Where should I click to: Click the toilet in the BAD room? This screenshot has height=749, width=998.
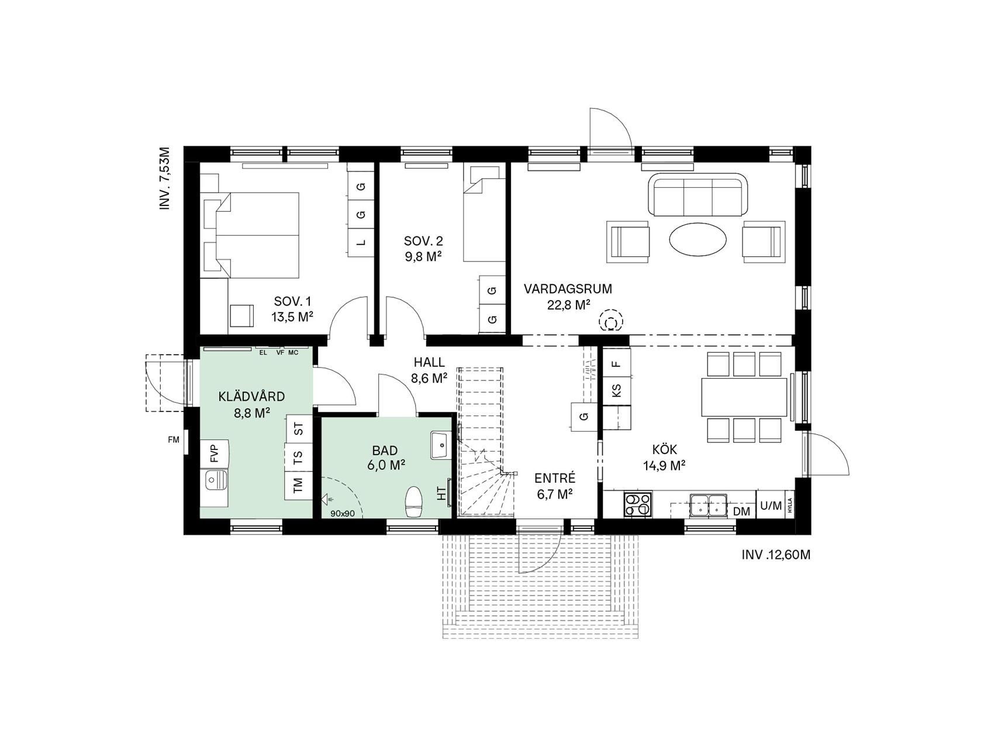tap(413, 501)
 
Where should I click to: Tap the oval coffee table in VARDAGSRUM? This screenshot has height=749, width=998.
tap(698, 239)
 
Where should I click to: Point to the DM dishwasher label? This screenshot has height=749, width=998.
tap(741, 511)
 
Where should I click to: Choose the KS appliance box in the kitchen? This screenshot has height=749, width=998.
tap(616, 390)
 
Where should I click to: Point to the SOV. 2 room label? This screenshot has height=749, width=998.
tap(423, 248)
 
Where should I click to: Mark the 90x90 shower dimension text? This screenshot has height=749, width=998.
tap(343, 514)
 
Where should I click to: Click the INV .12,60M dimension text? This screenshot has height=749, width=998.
tap(776, 555)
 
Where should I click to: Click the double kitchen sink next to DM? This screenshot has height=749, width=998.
tap(708, 506)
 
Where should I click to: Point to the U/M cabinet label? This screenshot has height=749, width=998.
tap(771, 506)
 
